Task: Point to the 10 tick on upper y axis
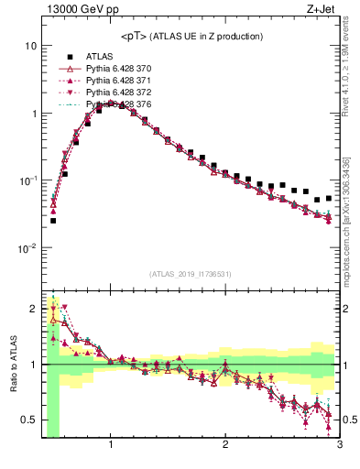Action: [x=30, y=46]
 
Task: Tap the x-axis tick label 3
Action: [x=339, y=446]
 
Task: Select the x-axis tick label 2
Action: [x=225, y=446]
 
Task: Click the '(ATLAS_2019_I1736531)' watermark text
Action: [x=190, y=274]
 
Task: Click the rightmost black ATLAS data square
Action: [x=328, y=198]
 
